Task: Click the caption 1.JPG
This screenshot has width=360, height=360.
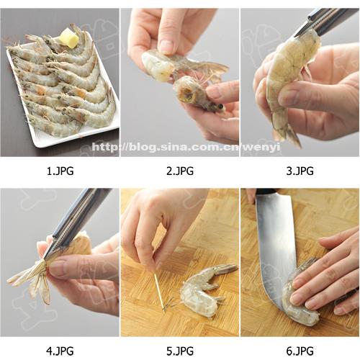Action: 60,171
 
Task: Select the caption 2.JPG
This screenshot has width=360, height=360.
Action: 180,171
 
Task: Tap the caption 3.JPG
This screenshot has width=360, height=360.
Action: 300,171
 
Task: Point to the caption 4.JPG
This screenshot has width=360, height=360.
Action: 60,351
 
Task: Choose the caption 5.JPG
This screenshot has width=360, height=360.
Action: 180,351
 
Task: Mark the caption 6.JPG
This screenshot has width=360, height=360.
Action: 300,351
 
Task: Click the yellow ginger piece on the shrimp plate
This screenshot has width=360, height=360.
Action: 68,37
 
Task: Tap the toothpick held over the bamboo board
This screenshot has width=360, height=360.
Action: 159,292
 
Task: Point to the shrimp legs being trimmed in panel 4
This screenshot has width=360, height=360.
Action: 30,279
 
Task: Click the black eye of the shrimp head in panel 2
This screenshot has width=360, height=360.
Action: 220,106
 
